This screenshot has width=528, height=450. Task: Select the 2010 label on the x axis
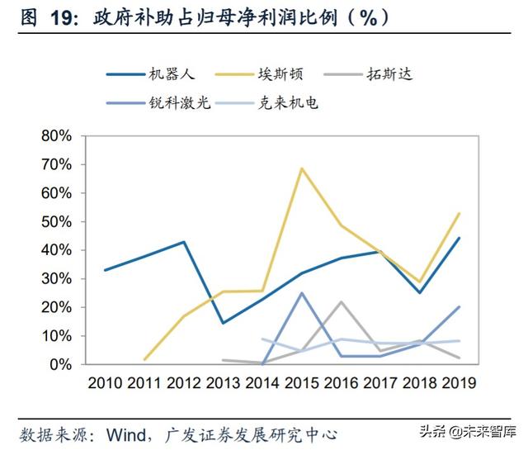(x=105, y=384)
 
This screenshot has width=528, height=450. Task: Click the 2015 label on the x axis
(x=302, y=384)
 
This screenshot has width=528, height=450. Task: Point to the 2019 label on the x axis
(x=459, y=384)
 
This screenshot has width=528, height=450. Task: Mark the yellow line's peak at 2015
(x=302, y=168)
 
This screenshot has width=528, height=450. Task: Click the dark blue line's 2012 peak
(x=183, y=242)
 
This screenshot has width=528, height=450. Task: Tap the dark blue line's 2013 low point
(x=223, y=323)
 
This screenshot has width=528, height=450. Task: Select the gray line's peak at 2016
(x=341, y=301)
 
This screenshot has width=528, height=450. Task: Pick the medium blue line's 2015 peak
(x=302, y=293)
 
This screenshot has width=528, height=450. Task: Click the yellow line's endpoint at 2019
(x=459, y=213)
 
